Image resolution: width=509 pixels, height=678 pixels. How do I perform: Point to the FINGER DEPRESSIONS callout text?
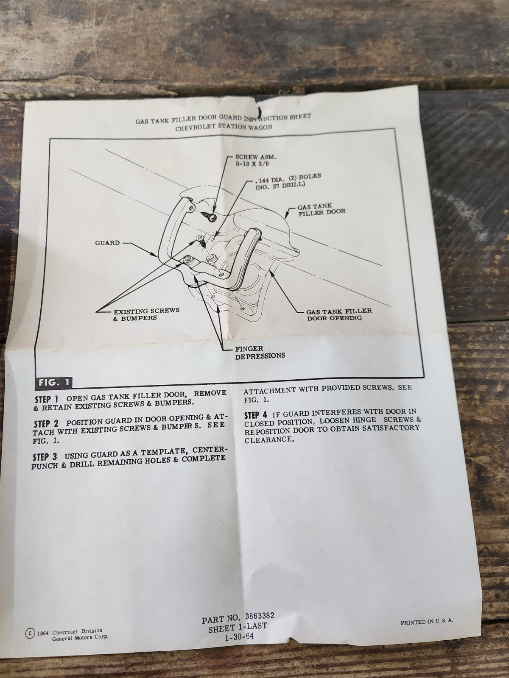coord(260,352)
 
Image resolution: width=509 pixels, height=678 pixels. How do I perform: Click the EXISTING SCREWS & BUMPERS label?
coord(146,314)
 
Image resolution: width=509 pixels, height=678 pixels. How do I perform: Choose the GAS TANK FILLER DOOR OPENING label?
coord(339,314)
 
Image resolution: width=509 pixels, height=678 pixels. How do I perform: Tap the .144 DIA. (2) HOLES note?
coord(288,181)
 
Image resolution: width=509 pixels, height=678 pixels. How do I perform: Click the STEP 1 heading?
coord(46,400)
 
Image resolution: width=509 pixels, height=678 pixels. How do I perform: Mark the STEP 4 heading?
coord(256,414)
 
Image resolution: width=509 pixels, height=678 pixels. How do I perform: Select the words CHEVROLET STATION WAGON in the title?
coord(224,127)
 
